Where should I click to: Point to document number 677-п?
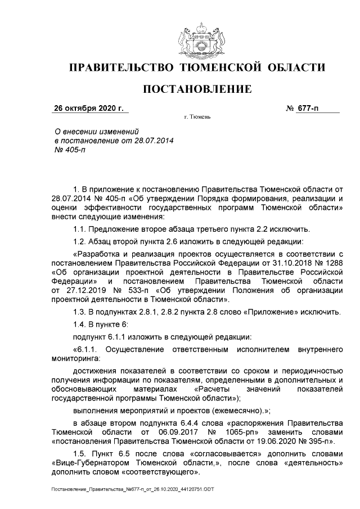(316, 108)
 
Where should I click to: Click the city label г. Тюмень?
(197, 118)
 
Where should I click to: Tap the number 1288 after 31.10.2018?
(332, 263)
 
